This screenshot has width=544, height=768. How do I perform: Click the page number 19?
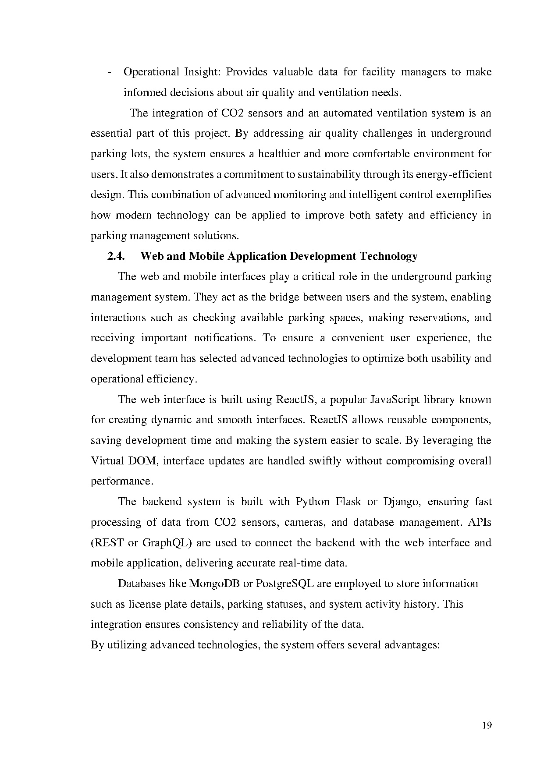(x=487, y=726)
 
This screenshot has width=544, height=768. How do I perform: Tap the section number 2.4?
(x=116, y=256)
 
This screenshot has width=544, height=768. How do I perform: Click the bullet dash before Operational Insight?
(x=109, y=72)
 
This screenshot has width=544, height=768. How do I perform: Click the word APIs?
(x=480, y=522)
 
